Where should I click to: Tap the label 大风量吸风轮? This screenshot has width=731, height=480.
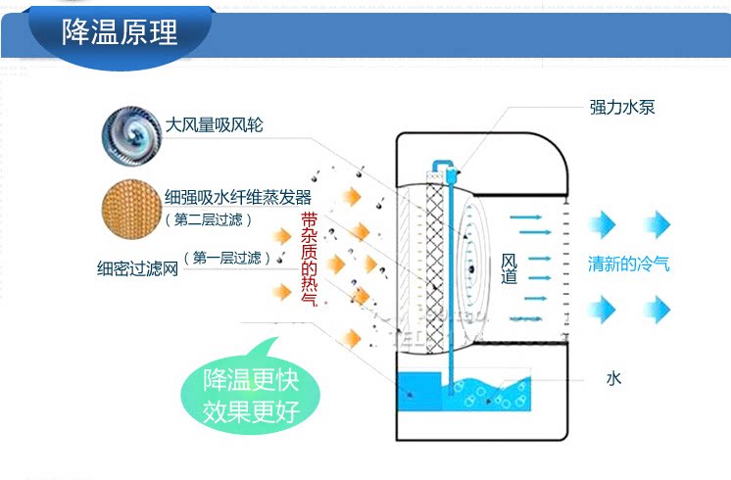click(x=214, y=125)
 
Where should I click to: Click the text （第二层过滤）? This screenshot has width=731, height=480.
click(x=208, y=218)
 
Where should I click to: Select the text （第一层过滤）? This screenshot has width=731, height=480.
click(x=227, y=259)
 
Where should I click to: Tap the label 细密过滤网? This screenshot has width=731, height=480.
click(x=138, y=266)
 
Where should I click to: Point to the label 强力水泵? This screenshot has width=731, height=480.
click(x=621, y=108)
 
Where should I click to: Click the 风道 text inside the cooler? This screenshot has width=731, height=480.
click(x=509, y=268)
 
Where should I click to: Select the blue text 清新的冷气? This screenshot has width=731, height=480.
click(x=628, y=264)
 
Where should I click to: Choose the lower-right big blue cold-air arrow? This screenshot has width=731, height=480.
click(x=656, y=311)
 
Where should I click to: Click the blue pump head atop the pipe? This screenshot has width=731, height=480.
click(x=450, y=170)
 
